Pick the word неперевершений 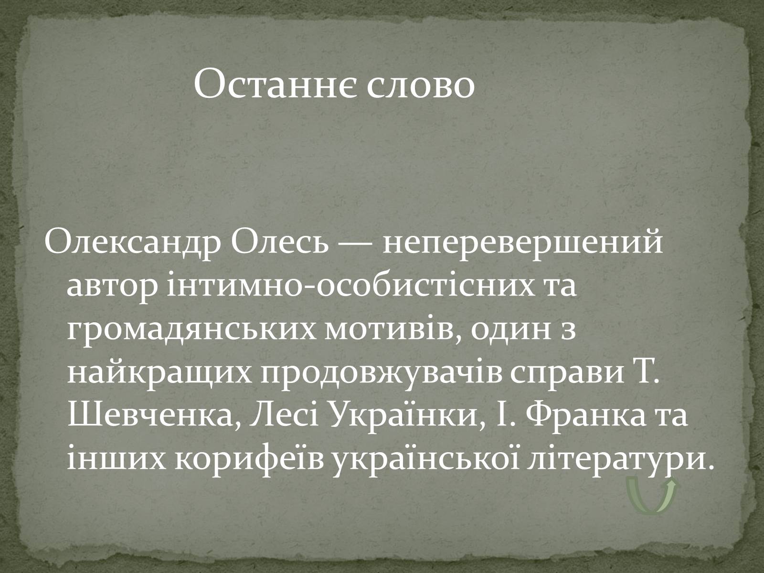[x=523, y=243]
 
